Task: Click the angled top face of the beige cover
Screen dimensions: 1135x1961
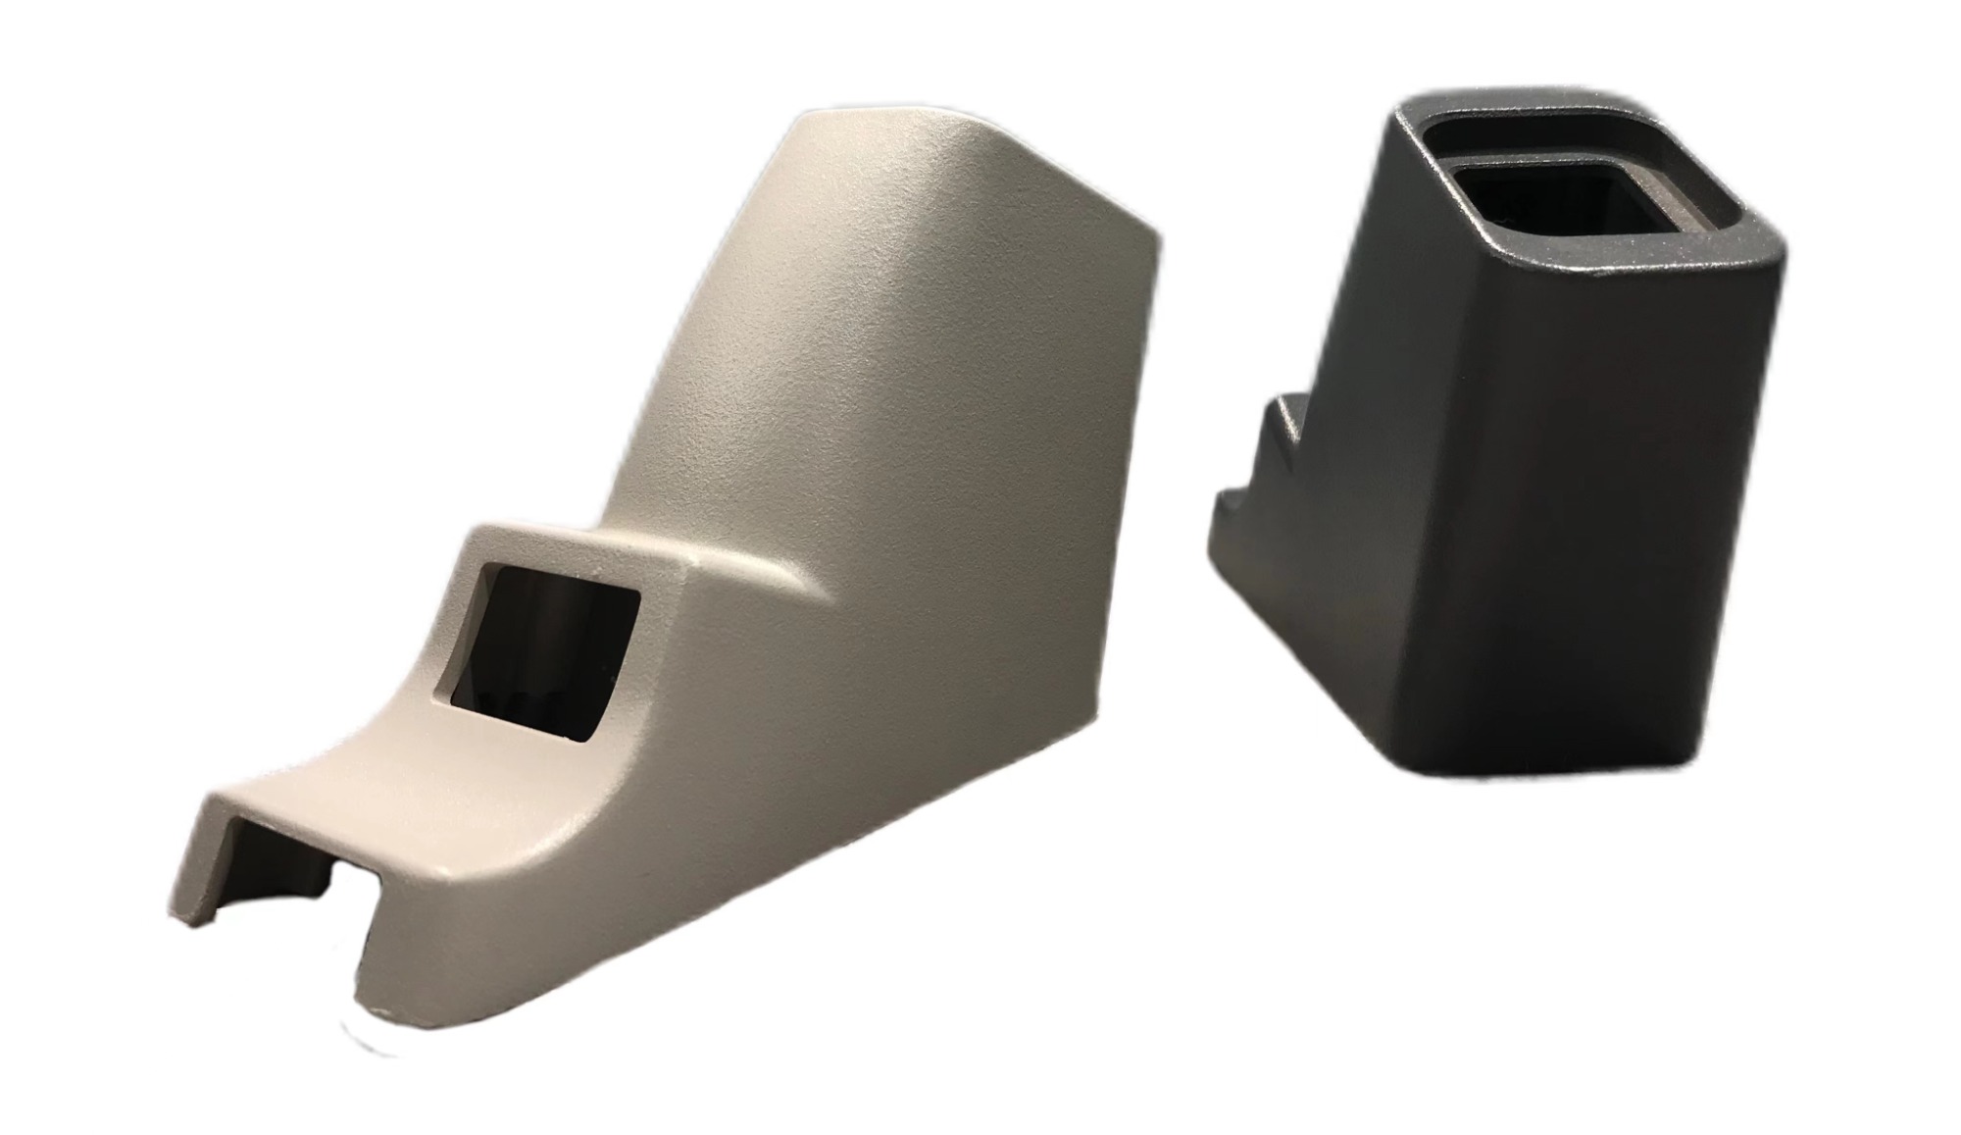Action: click(x=980, y=167)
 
